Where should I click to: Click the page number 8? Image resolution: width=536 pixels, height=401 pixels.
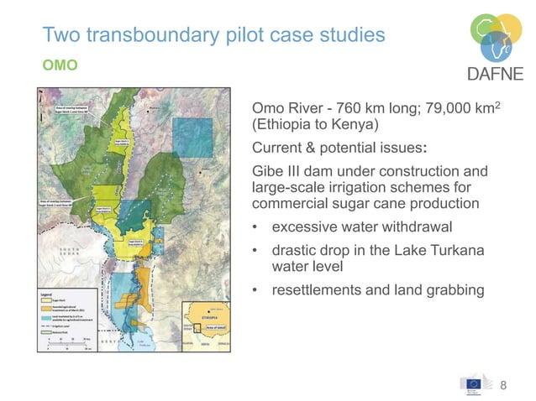(504, 385)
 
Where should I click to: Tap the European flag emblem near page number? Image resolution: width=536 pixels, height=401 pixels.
(472, 383)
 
